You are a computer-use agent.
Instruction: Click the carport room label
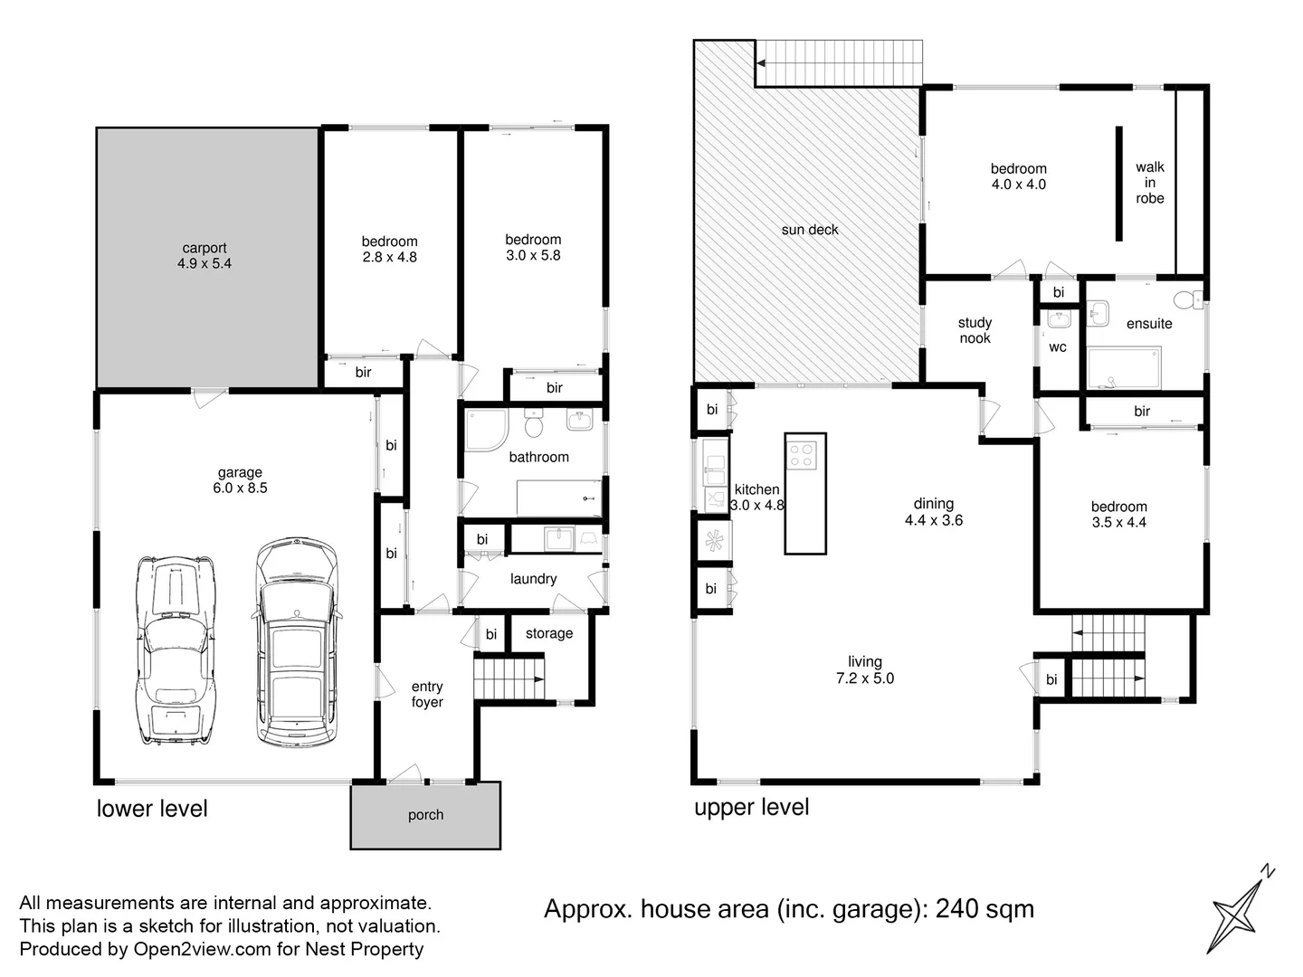pyautogui.click(x=204, y=248)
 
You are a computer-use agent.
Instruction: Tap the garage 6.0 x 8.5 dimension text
pyautogui.click(x=240, y=488)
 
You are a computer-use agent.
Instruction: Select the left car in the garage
pyautogui.click(x=176, y=650)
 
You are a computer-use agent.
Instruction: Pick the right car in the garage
pyautogui.click(x=298, y=642)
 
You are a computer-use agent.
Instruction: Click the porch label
pyautogui.click(x=425, y=815)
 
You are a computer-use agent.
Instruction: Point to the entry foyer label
pyautogui.click(x=427, y=694)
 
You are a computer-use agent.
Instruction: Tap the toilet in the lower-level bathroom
pyautogui.click(x=534, y=423)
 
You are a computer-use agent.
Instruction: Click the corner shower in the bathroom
pyautogui.click(x=486, y=430)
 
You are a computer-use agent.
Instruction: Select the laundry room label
pyautogui.click(x=534, y=579)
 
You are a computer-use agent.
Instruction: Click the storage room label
pyautogui.click(x=549, y=633)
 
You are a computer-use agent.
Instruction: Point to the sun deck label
pyautogui.click(x=810, y=230)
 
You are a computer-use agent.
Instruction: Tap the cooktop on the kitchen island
pyautogui.click(x=801, y=456)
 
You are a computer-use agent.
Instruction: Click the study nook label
pyautogui.click(x=975, y=330)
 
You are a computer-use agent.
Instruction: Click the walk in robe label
pyautogui.click(x=1150, y=183)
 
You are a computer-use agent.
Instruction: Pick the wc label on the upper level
pyautogui.click(x=1058, y=347)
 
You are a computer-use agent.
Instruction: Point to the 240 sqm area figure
pyautogui.click(x=984, y=909)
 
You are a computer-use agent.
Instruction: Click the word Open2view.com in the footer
pyautogui.click(x=203, y=949)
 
